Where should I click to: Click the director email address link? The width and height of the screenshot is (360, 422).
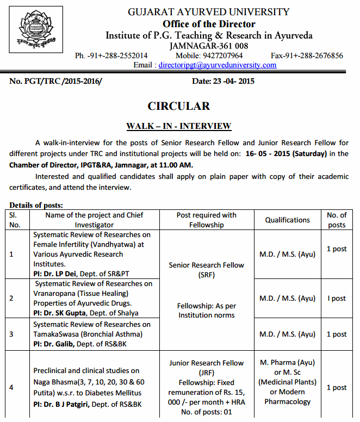pyautogui.click(x=217, y=65)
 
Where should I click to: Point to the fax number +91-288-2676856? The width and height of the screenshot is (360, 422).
pyautogui.click(x=307, y=55)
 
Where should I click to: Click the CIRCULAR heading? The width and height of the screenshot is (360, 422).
pyautogui.click(x=178, y=106)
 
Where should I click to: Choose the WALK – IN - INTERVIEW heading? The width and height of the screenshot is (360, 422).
pyautogui.click(x=179, y=126)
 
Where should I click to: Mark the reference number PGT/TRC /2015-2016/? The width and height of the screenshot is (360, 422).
pyautogui.click(x=55, y=82)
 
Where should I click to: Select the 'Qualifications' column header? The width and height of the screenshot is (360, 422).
pyautogui.click(x=287, y=220)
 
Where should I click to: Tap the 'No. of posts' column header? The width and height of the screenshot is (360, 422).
pyautogui.click(x=336, y=220)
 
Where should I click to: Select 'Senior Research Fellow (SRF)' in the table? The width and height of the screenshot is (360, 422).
pyautogui.click(x=206, y=270)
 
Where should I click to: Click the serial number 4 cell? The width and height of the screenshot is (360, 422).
pyautogui.click(x=12, y=387)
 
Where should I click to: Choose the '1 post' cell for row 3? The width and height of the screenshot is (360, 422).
pyautogui.click(x=336, y=334)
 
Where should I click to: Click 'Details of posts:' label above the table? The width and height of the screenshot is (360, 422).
pyautogui.click(x=36, y=205)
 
